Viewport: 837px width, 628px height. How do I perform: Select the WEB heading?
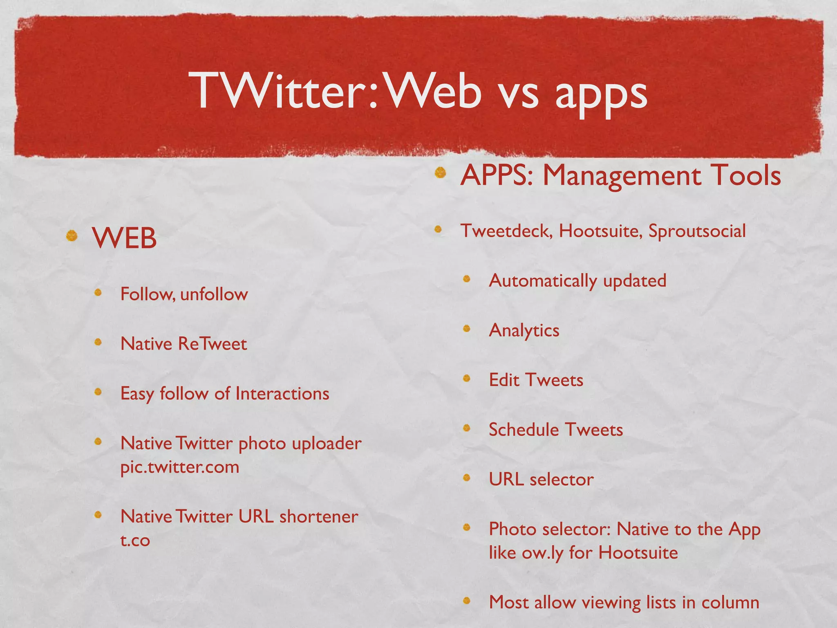(124, 238)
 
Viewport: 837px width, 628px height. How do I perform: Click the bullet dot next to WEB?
(72, 236)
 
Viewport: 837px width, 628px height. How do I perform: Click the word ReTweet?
(213, 344)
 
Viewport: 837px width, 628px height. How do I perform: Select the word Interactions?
(282, 394)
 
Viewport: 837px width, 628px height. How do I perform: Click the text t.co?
(135, 541)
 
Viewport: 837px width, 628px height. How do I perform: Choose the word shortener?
(318, 517)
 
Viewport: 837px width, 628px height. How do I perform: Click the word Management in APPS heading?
(621, 176)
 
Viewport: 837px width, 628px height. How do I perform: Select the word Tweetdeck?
(507, 231)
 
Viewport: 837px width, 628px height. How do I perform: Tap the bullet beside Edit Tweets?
(467, 378)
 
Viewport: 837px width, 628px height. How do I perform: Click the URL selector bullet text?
(541, 480)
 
